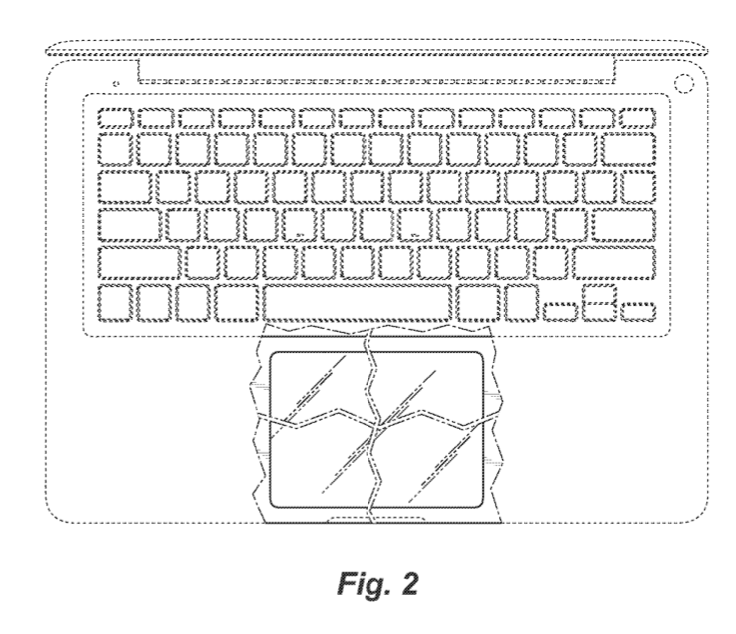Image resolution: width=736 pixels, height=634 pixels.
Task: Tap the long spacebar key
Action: [358, 304]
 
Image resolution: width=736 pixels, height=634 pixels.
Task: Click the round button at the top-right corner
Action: [685, 81]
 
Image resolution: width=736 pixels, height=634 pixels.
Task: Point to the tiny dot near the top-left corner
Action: [117, 81]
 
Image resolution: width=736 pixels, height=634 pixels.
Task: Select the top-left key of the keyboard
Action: [117, 117]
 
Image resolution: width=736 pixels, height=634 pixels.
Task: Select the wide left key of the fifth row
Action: [140, 262]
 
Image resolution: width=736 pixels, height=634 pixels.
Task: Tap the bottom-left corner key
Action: [117, 304]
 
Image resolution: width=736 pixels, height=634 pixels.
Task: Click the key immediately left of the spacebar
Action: [238, 304]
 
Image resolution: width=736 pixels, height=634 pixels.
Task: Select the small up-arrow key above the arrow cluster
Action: [597, 292]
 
